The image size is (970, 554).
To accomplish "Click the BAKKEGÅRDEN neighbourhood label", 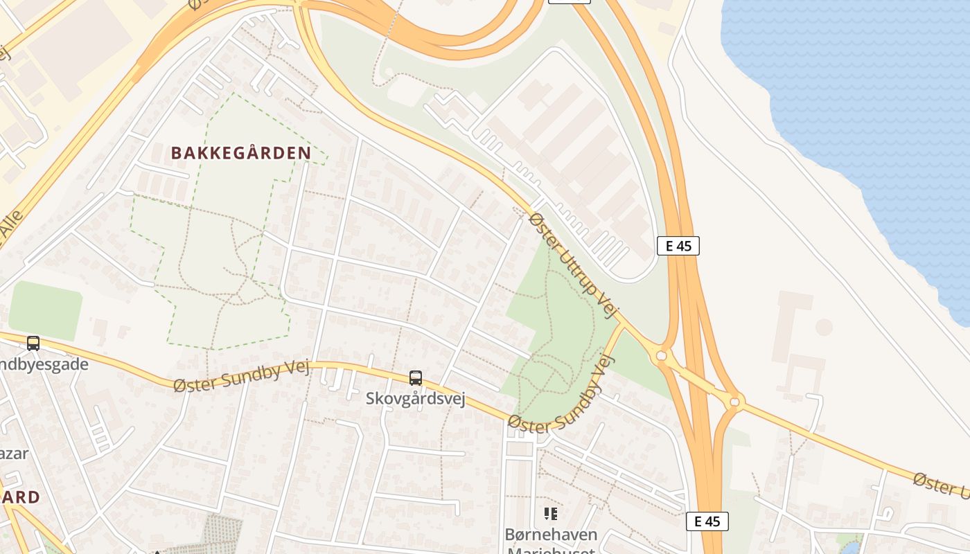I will click(240, 153).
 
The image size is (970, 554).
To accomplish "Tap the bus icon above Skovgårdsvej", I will click(416, 378).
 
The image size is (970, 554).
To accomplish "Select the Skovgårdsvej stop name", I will click(416, 400).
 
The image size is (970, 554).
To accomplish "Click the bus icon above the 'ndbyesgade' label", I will click(33, 343).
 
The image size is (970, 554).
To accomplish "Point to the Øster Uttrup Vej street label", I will click(572, 265).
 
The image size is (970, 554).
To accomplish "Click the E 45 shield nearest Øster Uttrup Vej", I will click(678, 246).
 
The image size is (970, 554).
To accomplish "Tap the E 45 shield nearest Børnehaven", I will click(707, 521).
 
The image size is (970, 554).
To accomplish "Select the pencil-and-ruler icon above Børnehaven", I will click(551, 514).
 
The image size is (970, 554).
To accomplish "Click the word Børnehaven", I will click(551, 535).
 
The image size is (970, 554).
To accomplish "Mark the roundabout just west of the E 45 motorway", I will click(661, 356).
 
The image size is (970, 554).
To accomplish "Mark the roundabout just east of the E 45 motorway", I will click(735, 401).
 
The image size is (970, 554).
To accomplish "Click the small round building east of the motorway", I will click(824, 327).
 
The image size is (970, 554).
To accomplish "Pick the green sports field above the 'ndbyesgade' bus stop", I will click(45, 310).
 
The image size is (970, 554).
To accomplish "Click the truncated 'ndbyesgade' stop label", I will click(44, 364).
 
